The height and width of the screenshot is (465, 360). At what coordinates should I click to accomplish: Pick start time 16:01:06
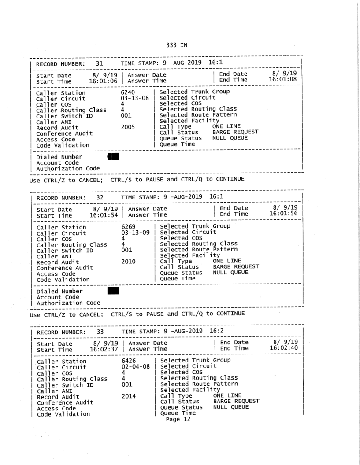(x=104, y=81)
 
